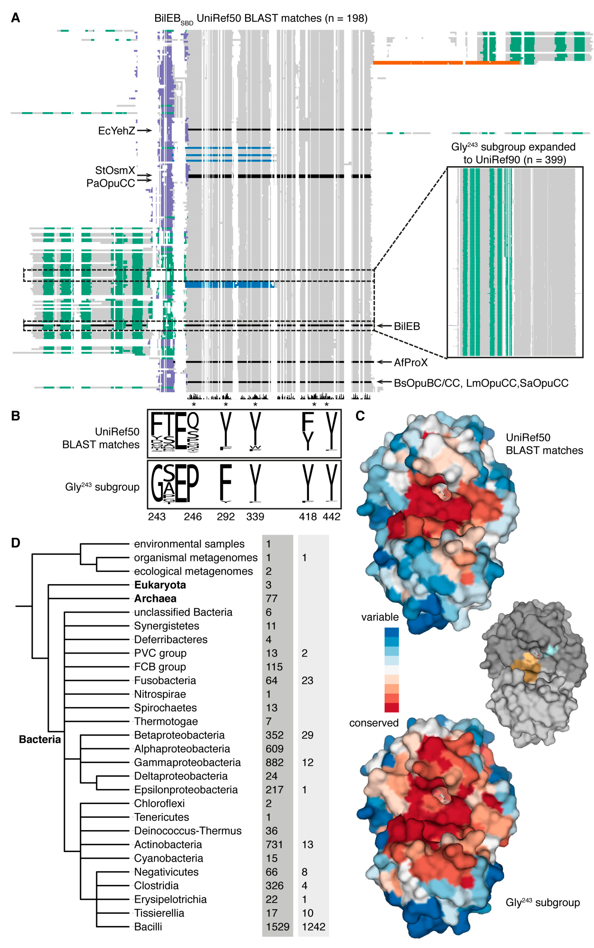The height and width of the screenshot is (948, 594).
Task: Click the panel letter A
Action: [x=15, y=18]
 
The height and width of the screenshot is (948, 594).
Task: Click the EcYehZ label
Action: [x=116, y=131]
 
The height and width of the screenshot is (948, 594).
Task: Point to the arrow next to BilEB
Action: [x=384, y=326]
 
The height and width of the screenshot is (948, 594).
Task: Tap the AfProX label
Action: [x=410, y=362]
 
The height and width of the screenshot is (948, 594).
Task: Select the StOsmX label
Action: [x=115, y=170]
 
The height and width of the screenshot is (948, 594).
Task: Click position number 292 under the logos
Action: [x=225, y=516]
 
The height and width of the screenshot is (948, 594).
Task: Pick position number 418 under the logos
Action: [x=308, y=516]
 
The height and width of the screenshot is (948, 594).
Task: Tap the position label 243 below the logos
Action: [x=157, y=516]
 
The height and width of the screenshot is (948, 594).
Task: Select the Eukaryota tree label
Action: [x=160, y=585]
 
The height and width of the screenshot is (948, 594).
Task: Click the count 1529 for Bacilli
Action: [x=277, y=927]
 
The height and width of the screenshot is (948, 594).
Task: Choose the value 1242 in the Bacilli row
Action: [x=314, y=927]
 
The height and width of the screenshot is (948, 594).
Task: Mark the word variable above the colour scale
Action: [x=379, y=617]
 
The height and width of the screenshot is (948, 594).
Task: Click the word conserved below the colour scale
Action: [x=374, y=723]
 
